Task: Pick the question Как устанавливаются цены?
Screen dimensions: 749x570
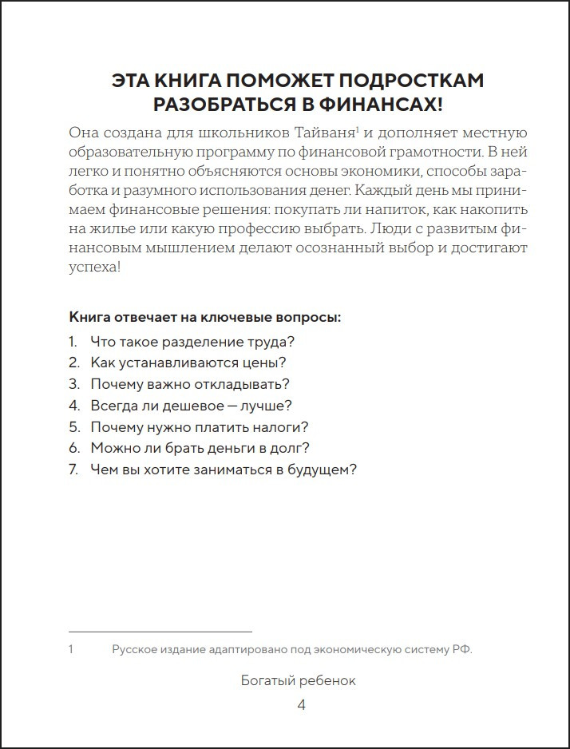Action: pyautogui.click(x=188, y=363)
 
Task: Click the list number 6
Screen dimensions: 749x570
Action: pyautogui.click(x=73, y=448)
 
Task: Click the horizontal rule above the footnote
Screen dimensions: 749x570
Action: pyautogui.click(x=160, y=632)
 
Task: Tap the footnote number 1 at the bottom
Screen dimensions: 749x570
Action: pyautogui.click(x=71, y=650)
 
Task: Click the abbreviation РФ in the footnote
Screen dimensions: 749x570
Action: pyautogui.click(x=461, y=650)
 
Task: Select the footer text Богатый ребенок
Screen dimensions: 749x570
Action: pyautogui.click(x=299, y=681)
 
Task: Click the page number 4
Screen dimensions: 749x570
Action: pyautogui.click(x=301, y=704)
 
